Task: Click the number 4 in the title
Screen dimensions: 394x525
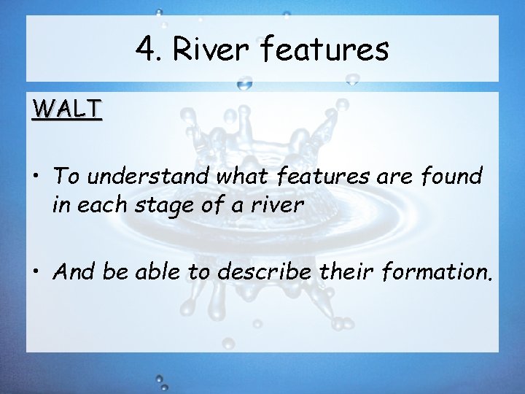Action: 143,50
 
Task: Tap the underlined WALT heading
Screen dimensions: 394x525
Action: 67,109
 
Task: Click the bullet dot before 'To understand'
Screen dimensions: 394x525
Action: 36,177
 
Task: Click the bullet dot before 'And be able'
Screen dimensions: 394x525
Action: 36,274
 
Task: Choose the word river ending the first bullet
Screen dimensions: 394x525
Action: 278,206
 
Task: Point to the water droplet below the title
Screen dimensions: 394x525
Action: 245,84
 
